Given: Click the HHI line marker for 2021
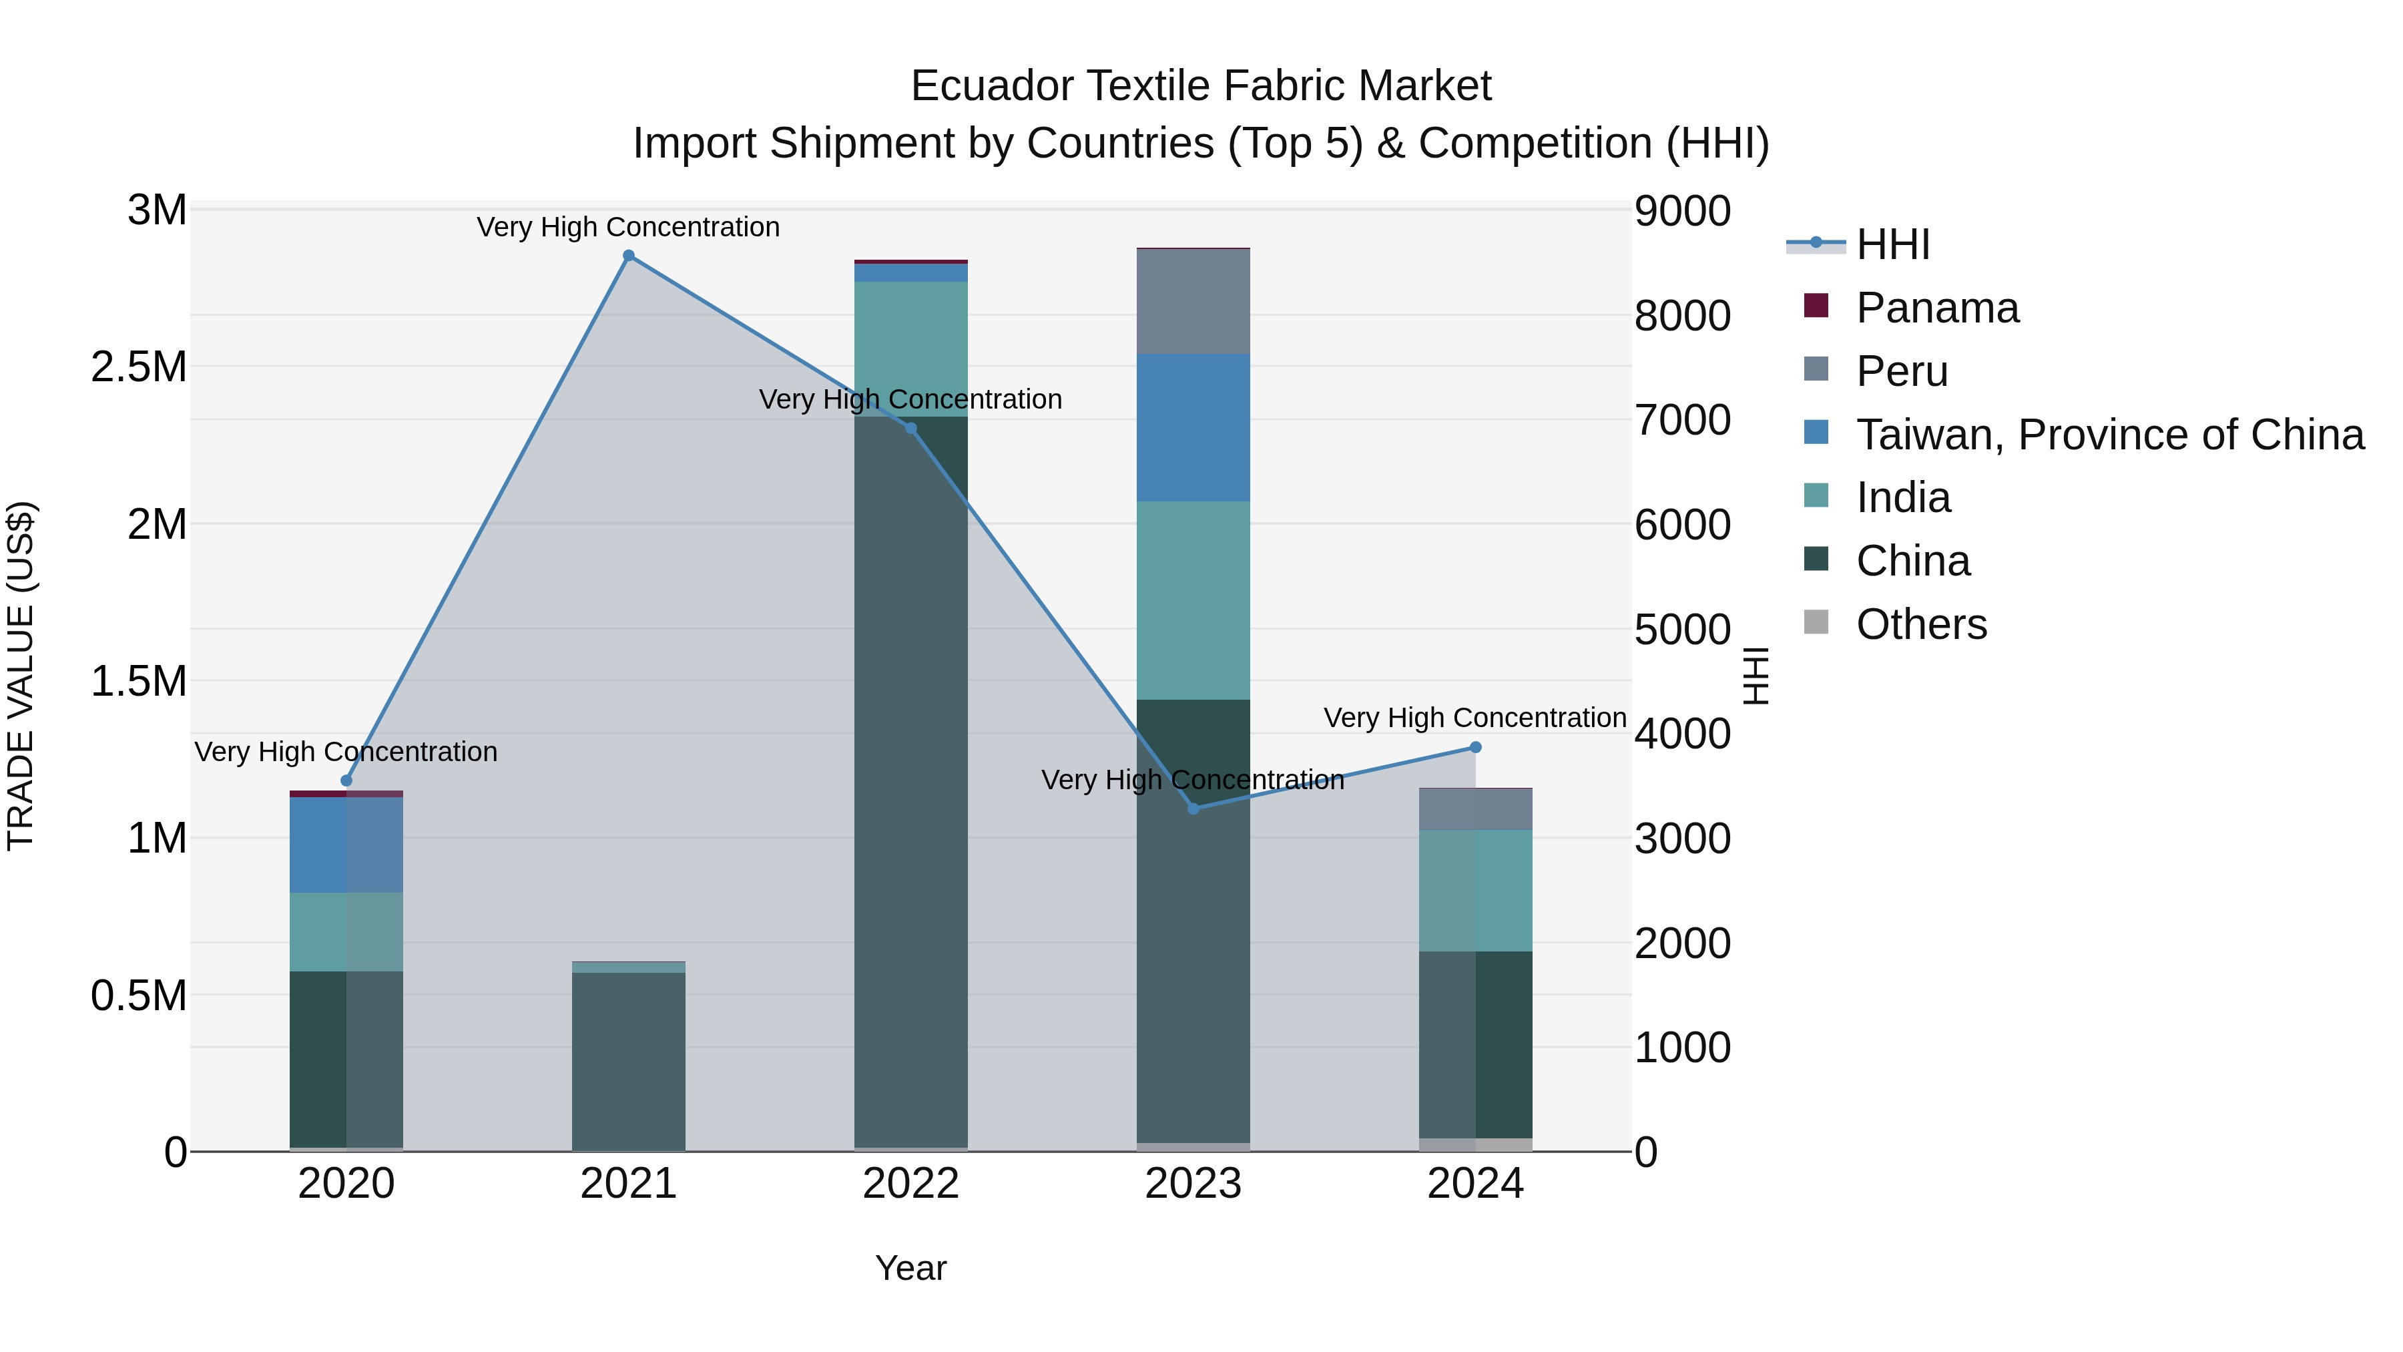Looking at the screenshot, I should (629, 256).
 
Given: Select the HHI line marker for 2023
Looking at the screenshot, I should (1193, 808).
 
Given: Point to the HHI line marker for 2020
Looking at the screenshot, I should (346, 781).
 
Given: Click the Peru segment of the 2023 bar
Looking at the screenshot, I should (1193, 301).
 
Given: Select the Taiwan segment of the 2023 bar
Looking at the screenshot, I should (1193, 427).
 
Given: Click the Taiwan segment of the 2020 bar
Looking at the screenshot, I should (346, 845).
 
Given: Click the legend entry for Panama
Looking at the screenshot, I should (1936, 308).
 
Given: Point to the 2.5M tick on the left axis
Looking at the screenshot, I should (139, 367).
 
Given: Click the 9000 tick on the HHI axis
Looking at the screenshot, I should (1683, 211).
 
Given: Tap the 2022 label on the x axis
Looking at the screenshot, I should (910, 1184).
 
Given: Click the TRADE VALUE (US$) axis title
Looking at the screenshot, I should (21, 676).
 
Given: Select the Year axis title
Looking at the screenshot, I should (910, 1268).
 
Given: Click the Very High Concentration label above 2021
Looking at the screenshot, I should (629, 227).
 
